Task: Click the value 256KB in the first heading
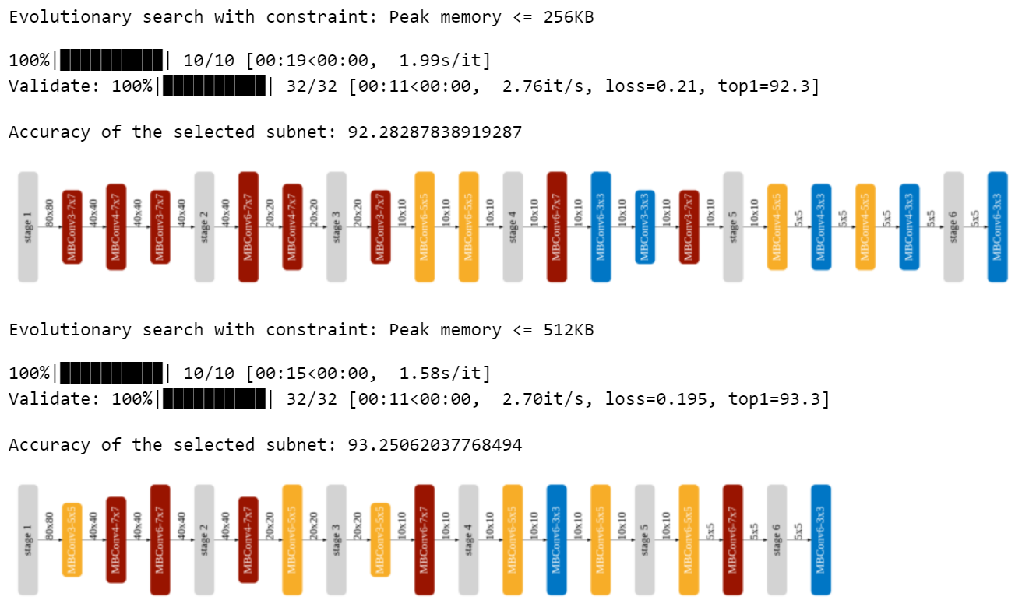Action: tap(569, 16)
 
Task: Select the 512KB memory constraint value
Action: tap(569, 330)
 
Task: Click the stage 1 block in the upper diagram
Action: tap(28, 226)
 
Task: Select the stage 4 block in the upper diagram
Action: tap(513, 226)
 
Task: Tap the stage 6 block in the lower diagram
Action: tap(777, 540)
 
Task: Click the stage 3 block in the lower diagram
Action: tap(337, 540)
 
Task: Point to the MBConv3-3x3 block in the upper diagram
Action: tap(645, 226)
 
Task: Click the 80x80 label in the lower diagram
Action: tap(50, 526)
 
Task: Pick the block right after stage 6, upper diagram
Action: tap(997, 226)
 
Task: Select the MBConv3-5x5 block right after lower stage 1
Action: tap(72, 540)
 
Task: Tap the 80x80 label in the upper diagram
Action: tap(50, 212)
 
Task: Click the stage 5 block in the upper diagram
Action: tap(733, 226)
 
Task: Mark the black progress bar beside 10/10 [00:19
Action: tap(111, 61)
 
